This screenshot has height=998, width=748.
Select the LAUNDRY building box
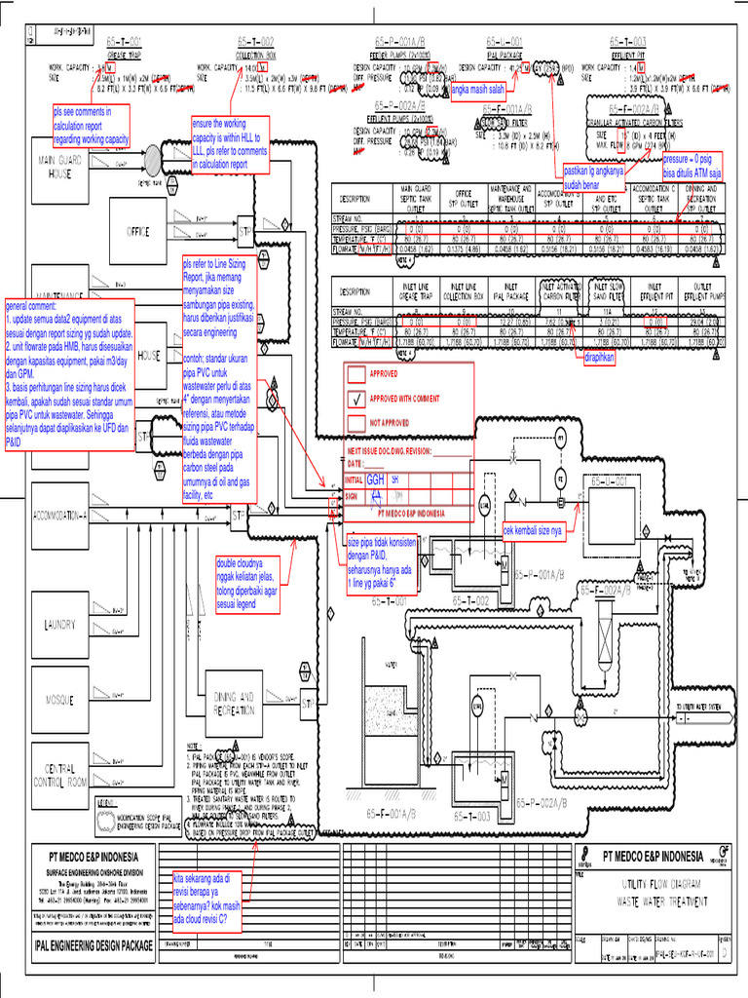[59, 625]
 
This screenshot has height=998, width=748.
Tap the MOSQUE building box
[59, 700]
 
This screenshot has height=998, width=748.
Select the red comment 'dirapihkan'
[604, 359]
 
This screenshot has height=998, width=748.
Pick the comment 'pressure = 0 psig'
[697, 166]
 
